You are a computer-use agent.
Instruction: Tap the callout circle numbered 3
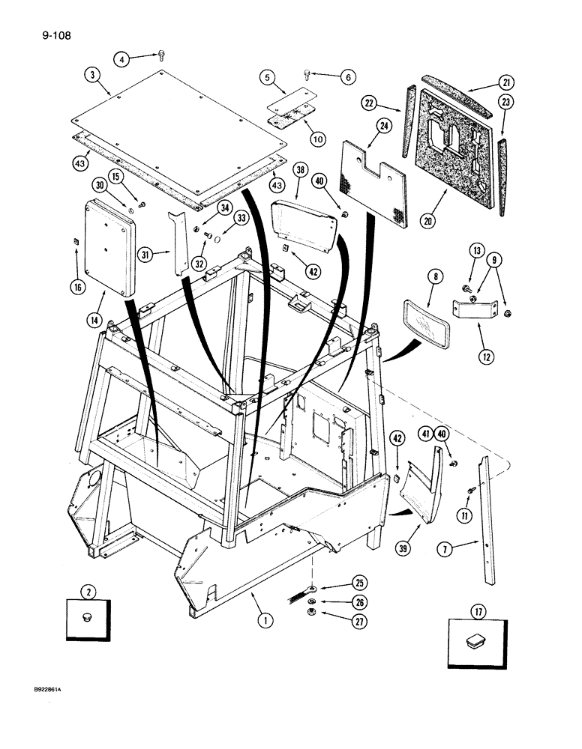pos(91,75)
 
